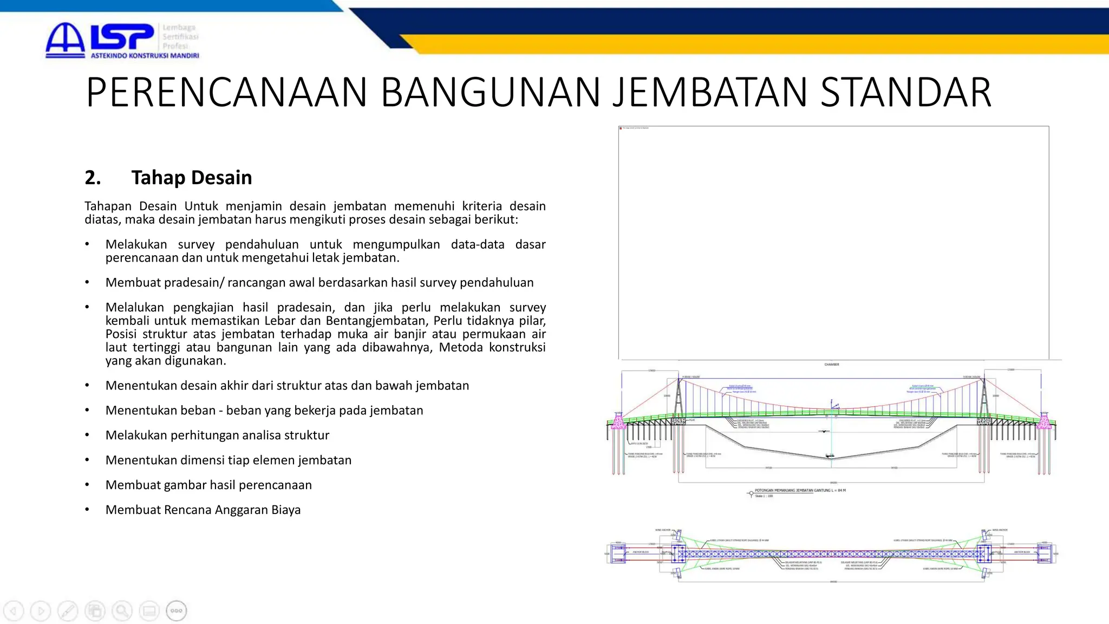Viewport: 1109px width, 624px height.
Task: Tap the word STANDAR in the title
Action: (906, 93)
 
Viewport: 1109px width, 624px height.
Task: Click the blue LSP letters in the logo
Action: (122, 37)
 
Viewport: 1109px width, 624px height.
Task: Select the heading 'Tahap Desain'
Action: (191, 178)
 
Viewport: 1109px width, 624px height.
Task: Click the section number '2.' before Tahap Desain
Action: (93, 178)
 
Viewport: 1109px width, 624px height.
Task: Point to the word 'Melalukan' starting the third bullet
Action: (134, 308)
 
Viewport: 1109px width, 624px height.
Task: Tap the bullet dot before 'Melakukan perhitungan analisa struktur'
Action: (87, 435)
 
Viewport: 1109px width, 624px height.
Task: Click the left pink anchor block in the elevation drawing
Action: (618, 422)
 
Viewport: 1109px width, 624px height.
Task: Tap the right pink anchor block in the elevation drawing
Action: (1045, 422)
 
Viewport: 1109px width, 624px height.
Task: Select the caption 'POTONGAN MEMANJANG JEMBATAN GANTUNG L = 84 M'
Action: (800, 490)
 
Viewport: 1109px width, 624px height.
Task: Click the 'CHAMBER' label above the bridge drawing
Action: (832, 365)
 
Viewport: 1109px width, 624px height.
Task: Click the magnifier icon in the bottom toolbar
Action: (122, 611)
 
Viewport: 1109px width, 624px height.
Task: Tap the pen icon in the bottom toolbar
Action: (68, 611)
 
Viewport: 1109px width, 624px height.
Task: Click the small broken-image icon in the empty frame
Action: (621, 128)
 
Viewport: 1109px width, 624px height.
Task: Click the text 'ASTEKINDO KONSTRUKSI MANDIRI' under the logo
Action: (145, 56)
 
